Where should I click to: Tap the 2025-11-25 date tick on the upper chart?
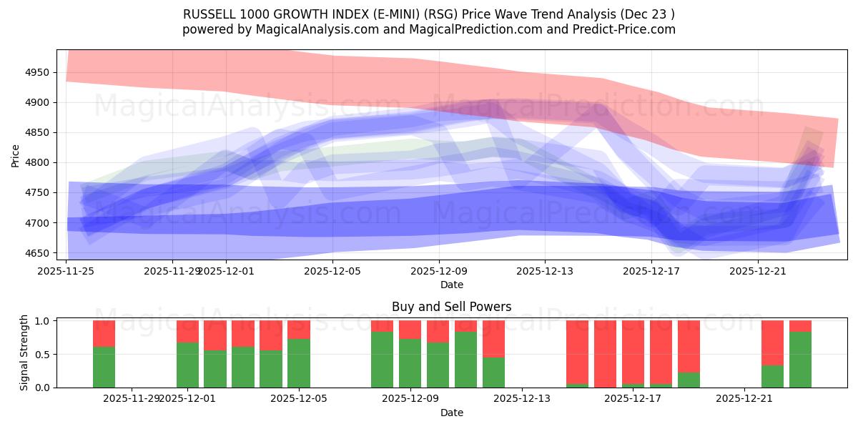pos(66,270)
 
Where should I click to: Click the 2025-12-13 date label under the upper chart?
pos(545,270)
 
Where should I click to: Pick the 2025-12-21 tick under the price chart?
pos(758,270)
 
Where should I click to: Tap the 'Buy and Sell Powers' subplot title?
pos(451,307)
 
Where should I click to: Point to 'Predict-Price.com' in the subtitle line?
pos(621,29)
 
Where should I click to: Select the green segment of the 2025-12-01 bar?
pos(187,366)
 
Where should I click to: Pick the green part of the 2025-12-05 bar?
pos(299,363)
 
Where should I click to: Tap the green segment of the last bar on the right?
pos(800,360)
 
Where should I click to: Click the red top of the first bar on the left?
pos(104,333)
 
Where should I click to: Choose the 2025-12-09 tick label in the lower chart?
pos(410,399)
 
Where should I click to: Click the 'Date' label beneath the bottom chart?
pos(451,413)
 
